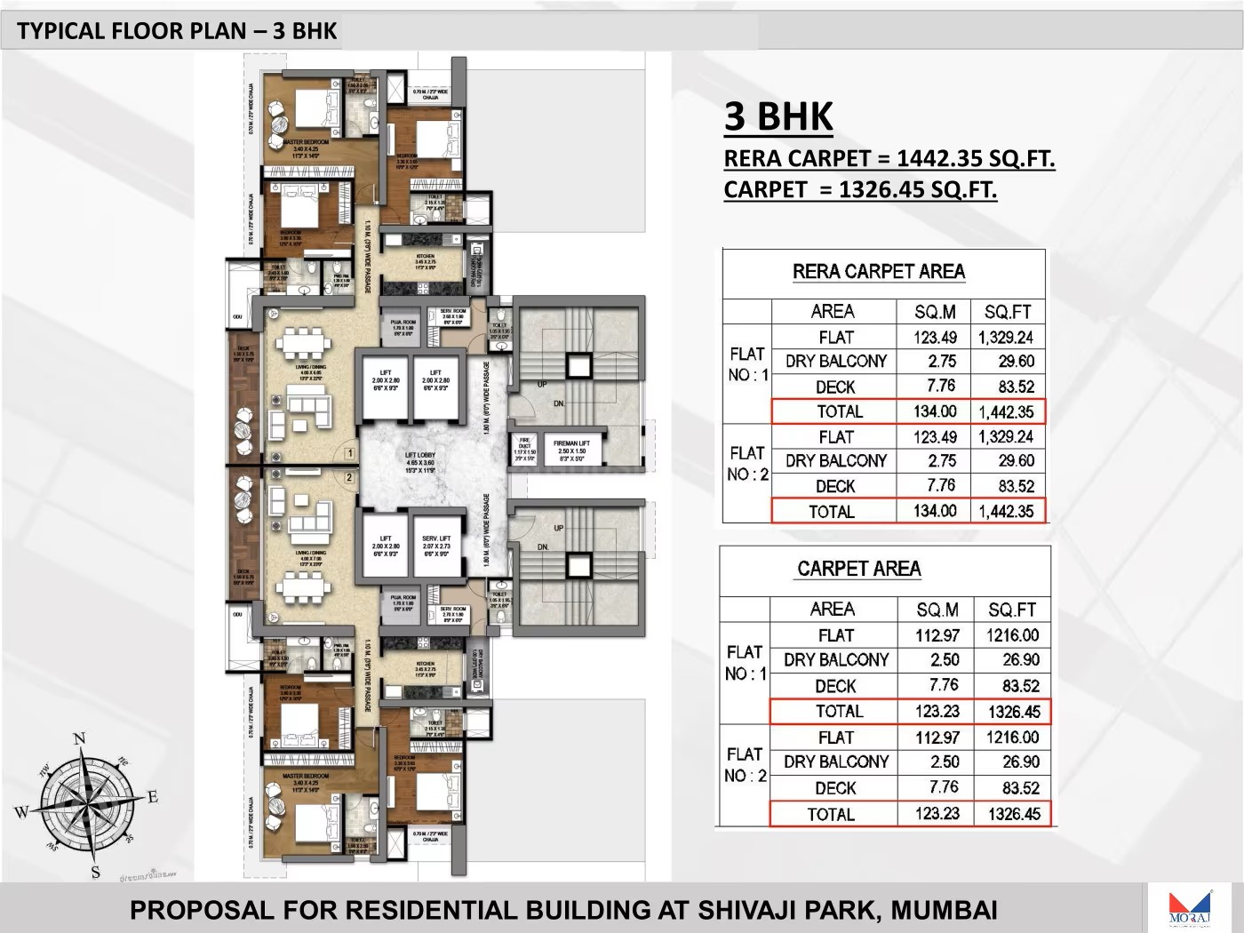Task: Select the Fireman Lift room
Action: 571,450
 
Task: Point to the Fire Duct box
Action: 525,449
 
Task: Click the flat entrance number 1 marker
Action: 349,453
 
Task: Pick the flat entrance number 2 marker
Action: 349,478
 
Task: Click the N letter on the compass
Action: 79,738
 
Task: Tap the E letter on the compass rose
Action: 153,797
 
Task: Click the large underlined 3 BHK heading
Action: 778,117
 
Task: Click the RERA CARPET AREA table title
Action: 878,272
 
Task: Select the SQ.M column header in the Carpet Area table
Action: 937,610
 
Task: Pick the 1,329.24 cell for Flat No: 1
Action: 1006,338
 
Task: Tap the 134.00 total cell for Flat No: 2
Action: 935,511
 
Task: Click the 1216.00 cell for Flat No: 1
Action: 1012,635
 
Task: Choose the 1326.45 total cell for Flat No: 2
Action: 1013,814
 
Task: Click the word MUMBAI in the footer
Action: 944,910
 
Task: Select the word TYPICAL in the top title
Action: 60,31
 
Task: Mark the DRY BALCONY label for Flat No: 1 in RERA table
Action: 835,362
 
